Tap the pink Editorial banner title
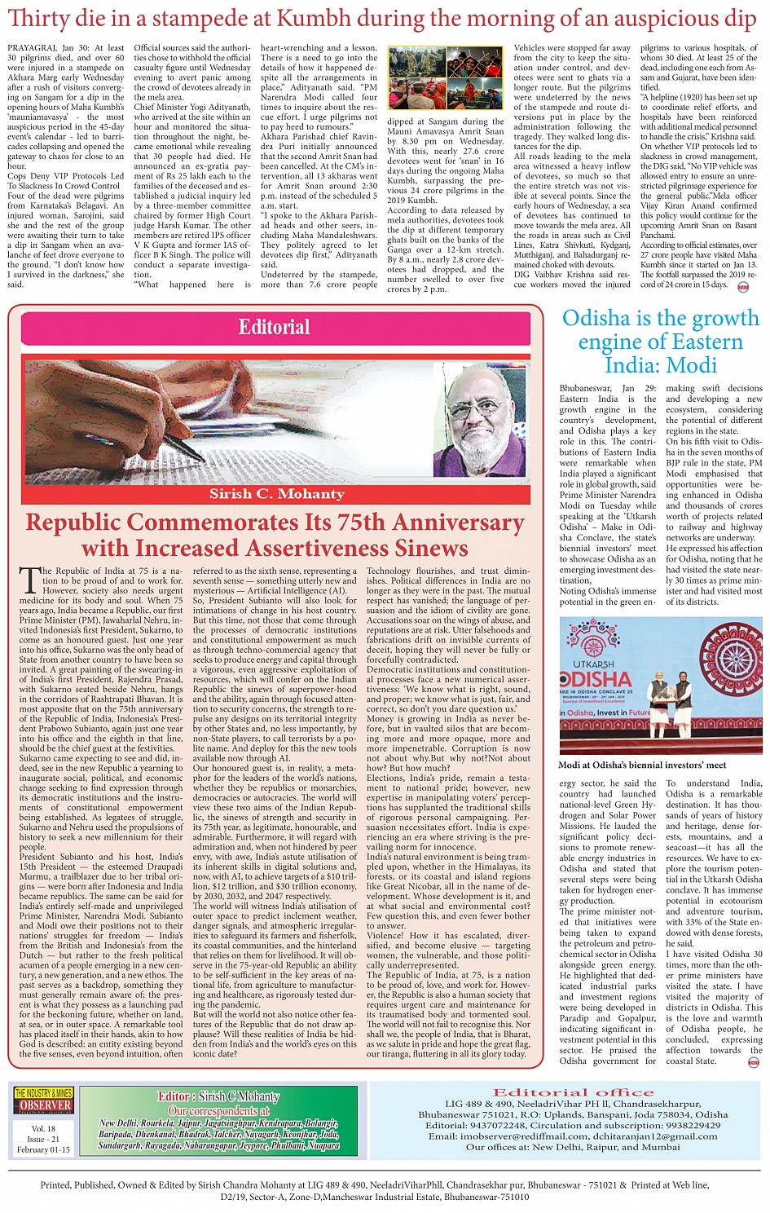[x=274, y=327]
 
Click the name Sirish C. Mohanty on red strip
[x=276, y=494]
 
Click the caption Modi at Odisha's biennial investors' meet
[x=642, y=765]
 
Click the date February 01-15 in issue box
[x=43, y=1149]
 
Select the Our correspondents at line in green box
[x=218, y=1110]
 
